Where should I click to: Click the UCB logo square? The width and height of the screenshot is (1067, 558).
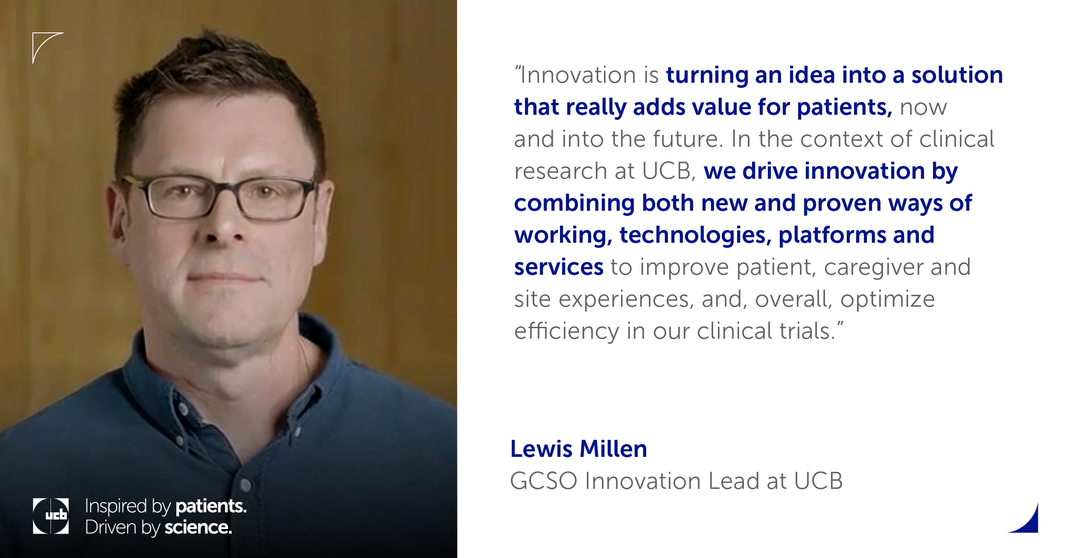[51, 516]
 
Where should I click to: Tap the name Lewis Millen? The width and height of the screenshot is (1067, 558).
[579, 449]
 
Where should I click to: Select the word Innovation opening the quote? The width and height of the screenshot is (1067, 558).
[578, 75]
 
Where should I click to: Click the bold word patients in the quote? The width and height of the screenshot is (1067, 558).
[844, 108]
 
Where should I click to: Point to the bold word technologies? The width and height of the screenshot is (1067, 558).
[695, 235]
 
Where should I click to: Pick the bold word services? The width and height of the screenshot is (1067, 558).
[559, 267]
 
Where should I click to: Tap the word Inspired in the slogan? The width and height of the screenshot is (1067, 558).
[116, 507]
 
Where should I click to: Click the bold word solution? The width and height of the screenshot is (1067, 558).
[957, 75]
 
